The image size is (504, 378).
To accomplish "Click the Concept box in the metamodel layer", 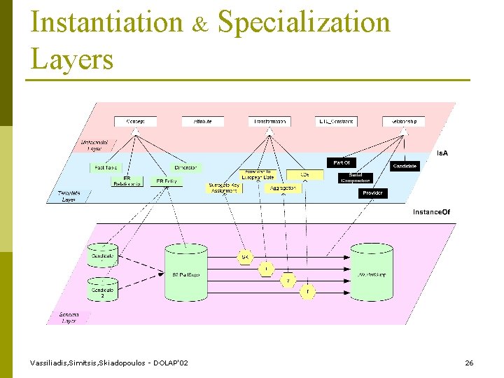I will (135, 121).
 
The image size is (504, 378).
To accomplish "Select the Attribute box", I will (202, 121).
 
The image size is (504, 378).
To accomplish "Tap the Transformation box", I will (269, 121).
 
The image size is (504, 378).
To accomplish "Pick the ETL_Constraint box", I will (336, 121).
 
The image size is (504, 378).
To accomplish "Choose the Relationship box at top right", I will (403, 121).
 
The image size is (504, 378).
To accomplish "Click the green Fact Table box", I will (106, 168).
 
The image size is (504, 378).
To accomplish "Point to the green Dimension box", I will (185, 168).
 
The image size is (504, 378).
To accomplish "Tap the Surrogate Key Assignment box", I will (224, 188).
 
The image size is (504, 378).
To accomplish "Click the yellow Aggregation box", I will (282, 188).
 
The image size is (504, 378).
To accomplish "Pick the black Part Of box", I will (342, 162).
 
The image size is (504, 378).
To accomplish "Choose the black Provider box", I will (373, 193).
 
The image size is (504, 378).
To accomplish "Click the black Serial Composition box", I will (356, 178).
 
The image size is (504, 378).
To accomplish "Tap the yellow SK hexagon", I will (245, 258).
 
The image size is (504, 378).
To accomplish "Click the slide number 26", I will (469, 363).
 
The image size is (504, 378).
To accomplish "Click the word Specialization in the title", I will (303, 22).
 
